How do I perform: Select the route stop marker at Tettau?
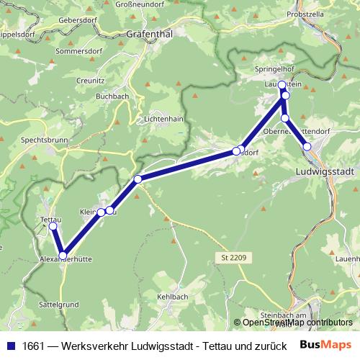click(53, 226)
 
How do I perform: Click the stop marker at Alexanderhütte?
click(63, 255)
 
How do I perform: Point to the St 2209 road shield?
click(229, 257)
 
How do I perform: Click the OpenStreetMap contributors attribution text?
click(297, 323)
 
